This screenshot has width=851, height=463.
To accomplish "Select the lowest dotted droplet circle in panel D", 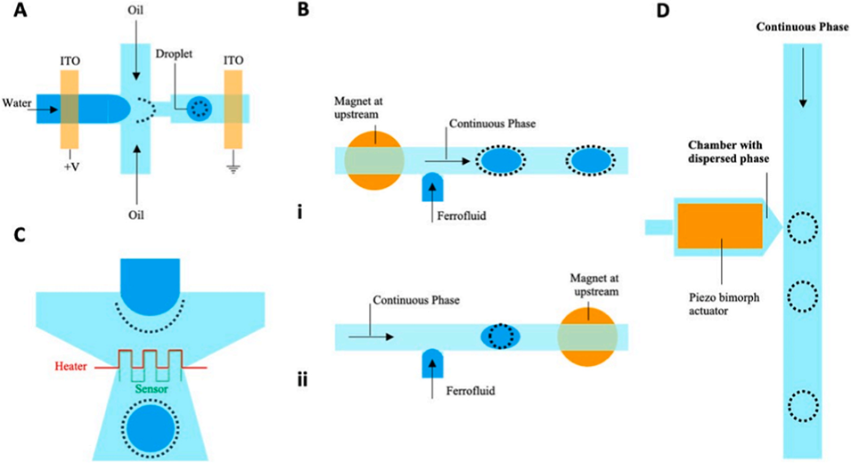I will [802, 409].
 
